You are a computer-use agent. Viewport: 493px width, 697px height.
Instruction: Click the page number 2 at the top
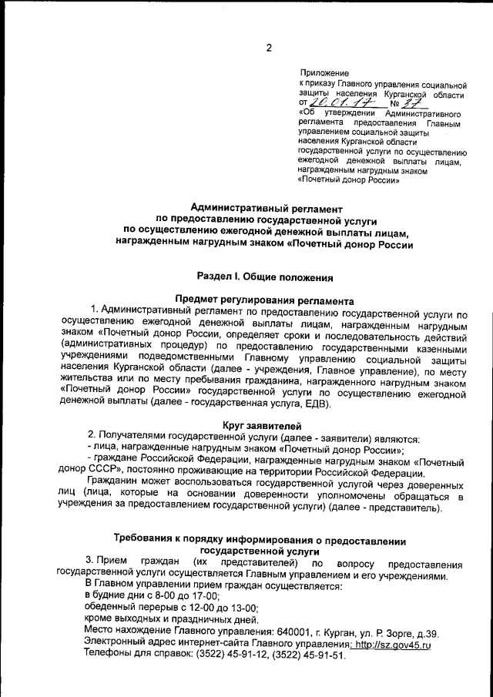(x=269, y=49)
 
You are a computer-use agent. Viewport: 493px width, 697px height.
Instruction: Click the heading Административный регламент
(x=266, y=208)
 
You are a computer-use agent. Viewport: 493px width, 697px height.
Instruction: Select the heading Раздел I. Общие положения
(x=266, y=275)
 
